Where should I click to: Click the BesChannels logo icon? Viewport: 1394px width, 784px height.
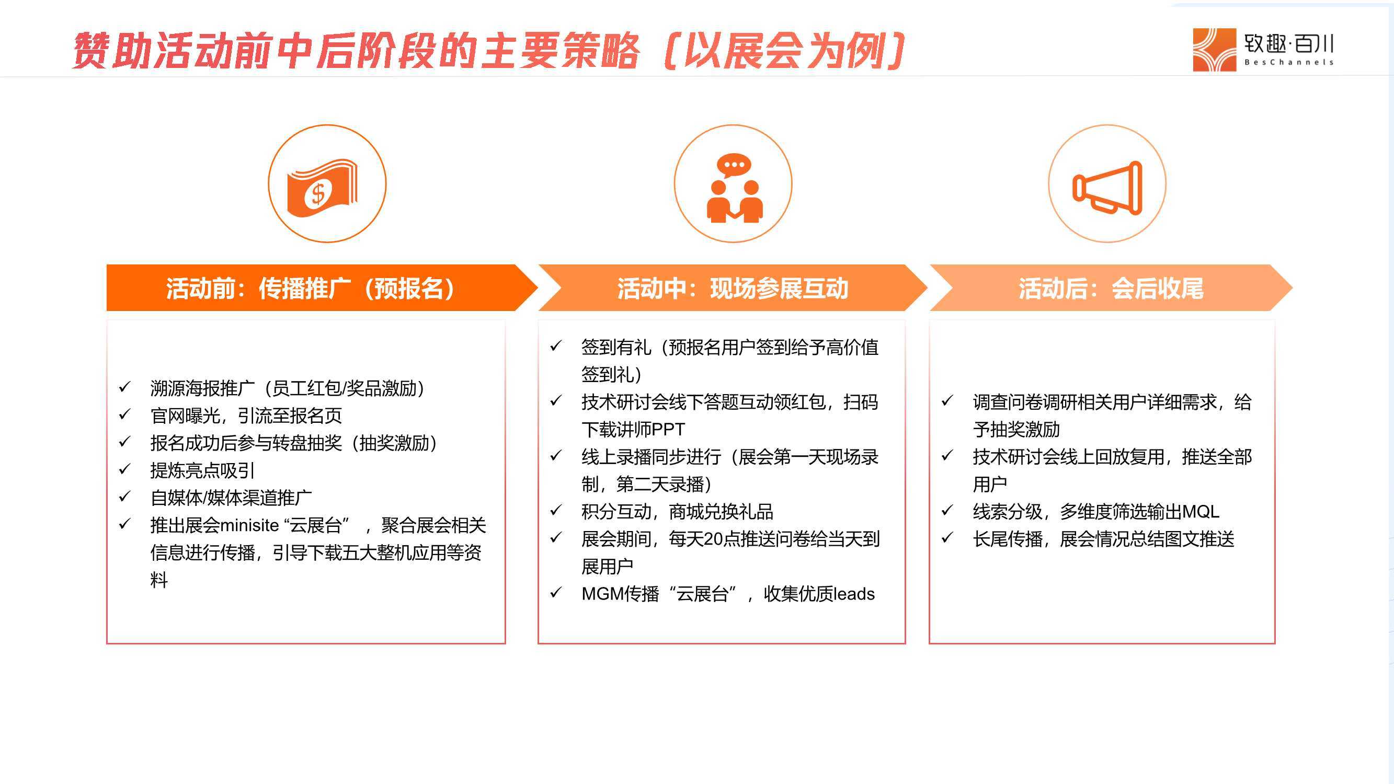click(x=1214, y=50)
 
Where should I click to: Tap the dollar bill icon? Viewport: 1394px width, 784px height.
click(x=322, y=188)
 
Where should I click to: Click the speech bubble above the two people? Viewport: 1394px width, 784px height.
click(x=734, y=166)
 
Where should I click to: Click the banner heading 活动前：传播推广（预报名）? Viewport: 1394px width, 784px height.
click(x=310, y=288)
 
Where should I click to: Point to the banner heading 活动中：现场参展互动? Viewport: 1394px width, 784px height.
click(x=733, y=288)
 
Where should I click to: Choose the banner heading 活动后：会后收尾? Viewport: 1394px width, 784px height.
click(x=1111, y=288)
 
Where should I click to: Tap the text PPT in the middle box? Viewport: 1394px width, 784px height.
click(x=668, y=430)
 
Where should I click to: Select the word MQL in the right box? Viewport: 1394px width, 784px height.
click(x=1201, y=511)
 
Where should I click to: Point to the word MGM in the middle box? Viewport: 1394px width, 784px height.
click(x=600, y=594)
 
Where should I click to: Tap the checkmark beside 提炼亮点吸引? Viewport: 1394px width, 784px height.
click(x=124, y=468)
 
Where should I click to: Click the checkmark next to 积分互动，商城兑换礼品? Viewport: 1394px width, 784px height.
click(x=556, y=510)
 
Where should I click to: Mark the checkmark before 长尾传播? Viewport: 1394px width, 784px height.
click(x=947, y=537)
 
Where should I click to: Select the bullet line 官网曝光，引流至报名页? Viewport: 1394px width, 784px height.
click(x=246, y=416)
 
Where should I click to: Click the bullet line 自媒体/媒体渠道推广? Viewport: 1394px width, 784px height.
click(x=231, y=498)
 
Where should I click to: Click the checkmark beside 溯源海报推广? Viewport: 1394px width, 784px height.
click(x=124, y=386)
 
